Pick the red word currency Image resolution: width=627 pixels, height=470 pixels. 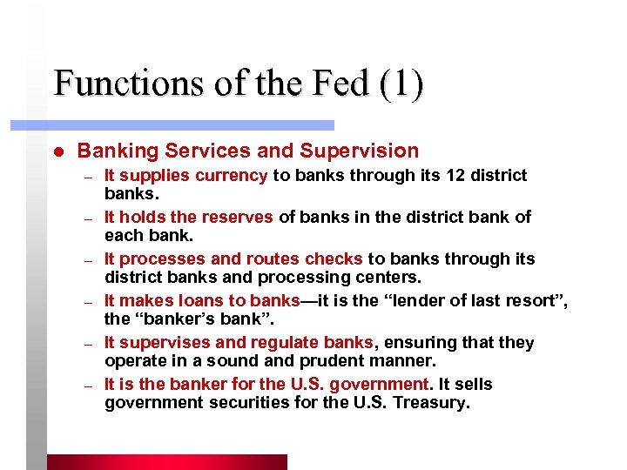point(231,176)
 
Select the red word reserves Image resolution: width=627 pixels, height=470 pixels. point(239,218)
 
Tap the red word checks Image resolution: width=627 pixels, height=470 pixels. point(334,259)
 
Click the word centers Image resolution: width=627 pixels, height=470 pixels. point(390,278)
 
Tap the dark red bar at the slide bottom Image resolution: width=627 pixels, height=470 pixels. point(165,462)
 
